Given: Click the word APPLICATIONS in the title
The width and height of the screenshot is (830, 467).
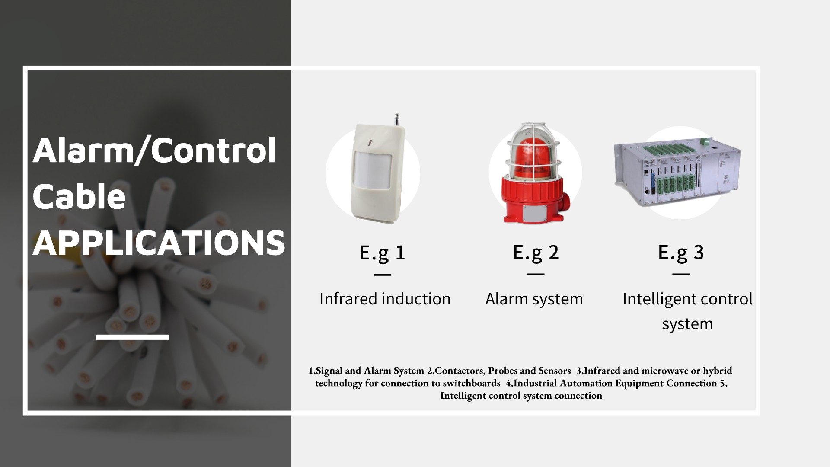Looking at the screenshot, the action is [x=159, y=242].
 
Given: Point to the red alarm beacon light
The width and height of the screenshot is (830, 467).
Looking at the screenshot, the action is [x=535, y=173].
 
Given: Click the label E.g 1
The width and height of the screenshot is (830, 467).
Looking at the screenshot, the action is [x=382, y=253].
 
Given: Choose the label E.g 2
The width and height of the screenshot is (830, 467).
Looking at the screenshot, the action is [x=536, y=253].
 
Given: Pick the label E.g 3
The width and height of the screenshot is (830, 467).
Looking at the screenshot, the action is [x=681, y=253].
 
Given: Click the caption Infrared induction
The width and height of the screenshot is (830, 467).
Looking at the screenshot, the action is [x=385, y=299].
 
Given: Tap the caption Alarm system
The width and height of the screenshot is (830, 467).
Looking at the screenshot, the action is [x=534, y=299].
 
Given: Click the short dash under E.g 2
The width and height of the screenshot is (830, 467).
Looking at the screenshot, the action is [x=536, y=274].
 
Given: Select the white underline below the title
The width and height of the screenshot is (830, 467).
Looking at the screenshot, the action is [x=132, y=337].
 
